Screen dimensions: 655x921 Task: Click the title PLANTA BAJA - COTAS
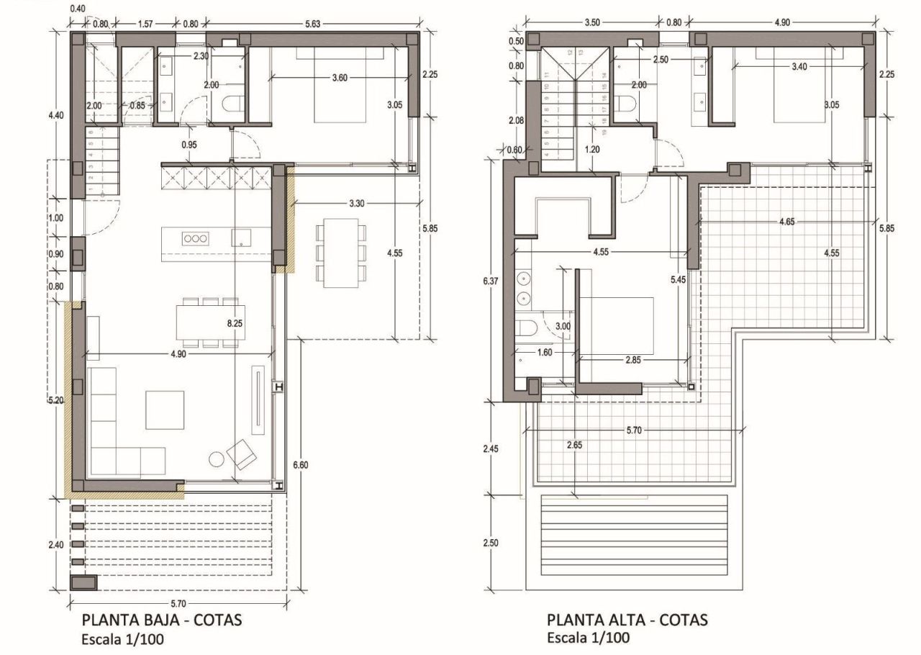coord(162,620)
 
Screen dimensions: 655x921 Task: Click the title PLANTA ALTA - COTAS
coord(627,620)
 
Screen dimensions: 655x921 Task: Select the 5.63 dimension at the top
coord(312,24)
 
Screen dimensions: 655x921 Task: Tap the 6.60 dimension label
coord(300,465)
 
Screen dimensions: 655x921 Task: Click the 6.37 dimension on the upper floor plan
coord(491,281)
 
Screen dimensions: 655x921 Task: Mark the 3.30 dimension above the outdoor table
coord(355,204)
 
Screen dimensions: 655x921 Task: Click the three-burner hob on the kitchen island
coord(194,238)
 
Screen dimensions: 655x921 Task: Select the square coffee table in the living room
coord(164,409)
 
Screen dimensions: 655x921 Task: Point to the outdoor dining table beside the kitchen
coord(339,253)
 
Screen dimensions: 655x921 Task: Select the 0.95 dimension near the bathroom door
coord(189,144)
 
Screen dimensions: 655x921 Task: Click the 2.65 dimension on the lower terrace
coord(573,445)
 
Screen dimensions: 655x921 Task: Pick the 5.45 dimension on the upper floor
coord(677,279)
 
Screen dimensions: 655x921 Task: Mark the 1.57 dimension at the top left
coord(145,24)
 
